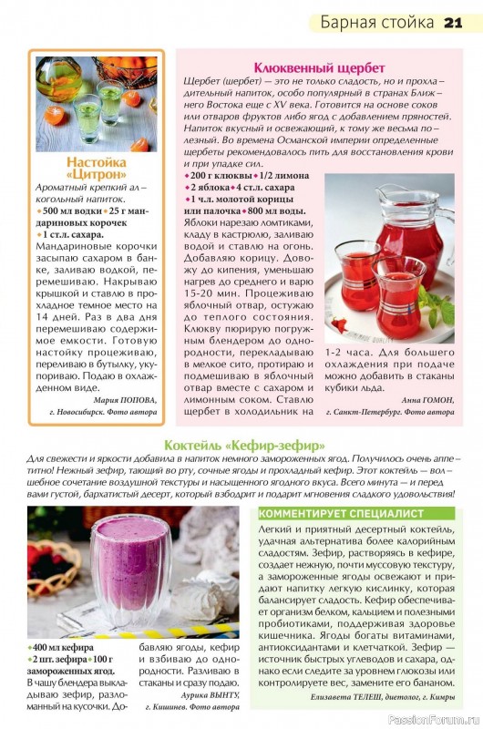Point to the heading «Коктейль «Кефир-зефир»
tap(244, 446)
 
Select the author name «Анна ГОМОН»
tap(426, 399)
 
